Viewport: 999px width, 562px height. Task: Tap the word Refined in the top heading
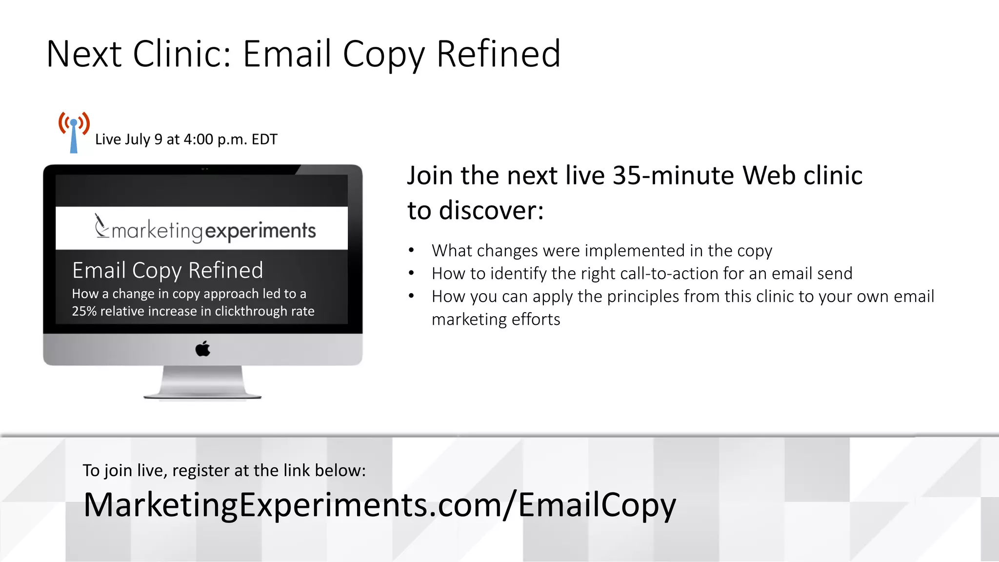[498, 54]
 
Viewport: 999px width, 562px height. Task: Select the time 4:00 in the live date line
[199, 140]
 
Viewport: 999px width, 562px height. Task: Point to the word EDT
[264, 140]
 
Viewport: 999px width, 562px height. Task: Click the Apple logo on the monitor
[203, 349]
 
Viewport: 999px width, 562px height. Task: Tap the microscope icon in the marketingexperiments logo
[101, 226]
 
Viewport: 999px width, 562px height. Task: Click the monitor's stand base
[202, 393]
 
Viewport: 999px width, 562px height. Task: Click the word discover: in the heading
[491, 211]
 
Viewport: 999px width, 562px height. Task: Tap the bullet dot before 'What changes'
[412, 251]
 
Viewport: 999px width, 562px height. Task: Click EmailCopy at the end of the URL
[597, 505]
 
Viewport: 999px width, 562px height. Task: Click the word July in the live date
[137, 140]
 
